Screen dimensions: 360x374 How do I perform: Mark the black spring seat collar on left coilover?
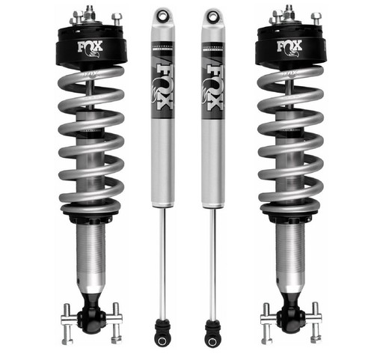pyautogui.click(x=91, y=215)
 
